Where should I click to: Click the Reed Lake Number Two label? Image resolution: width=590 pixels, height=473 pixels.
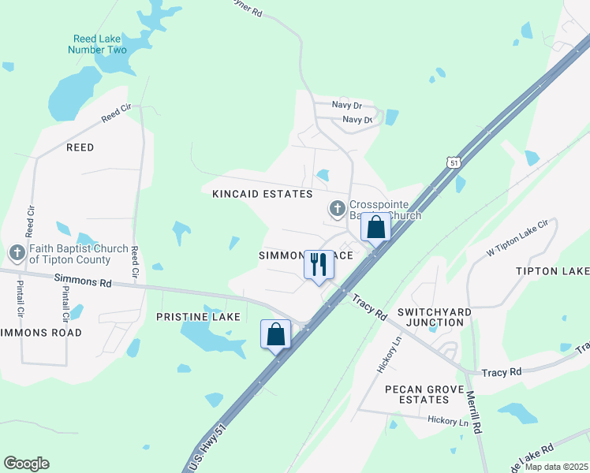tap(100, 44)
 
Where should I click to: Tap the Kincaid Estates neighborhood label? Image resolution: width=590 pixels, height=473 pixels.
tap(262, 194)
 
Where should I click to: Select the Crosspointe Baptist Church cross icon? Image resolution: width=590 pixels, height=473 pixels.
tap(337, 209)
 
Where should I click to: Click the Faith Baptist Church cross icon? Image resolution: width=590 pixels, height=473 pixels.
tap(17, 253)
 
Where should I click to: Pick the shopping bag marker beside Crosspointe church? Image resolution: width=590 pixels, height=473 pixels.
tap(376, 228)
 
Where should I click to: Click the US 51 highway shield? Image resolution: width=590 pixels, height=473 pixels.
tap(452, 162)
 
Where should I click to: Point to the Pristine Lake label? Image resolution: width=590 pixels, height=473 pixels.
tap(198, 317)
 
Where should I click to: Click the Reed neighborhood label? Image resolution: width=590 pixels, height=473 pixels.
tap(80, 147)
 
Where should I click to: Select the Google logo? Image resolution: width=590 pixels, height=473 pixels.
tap(26, 464)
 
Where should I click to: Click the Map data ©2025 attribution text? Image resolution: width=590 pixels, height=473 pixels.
tap(555, 467)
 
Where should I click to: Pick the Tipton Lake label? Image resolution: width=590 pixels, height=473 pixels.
tap(552, 271)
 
